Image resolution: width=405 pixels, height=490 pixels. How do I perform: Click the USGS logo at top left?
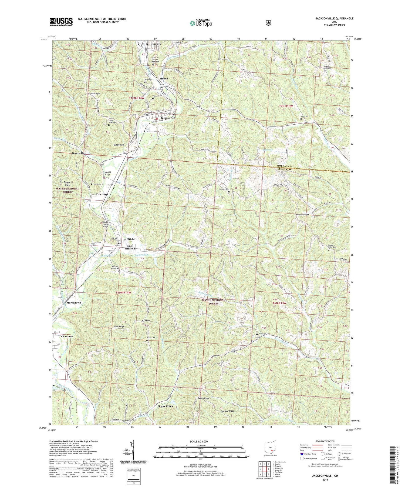coord(61,22)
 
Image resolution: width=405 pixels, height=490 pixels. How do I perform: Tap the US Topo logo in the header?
coord(201,23)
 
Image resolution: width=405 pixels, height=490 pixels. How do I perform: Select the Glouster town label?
coord(156,44)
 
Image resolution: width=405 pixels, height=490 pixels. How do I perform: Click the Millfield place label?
coord(129,239)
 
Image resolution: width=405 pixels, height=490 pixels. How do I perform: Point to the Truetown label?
coord(102,194)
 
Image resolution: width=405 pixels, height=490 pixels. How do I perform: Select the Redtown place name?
coord(119,145)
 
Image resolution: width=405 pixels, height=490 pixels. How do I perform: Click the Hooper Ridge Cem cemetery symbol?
coord(328,250)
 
